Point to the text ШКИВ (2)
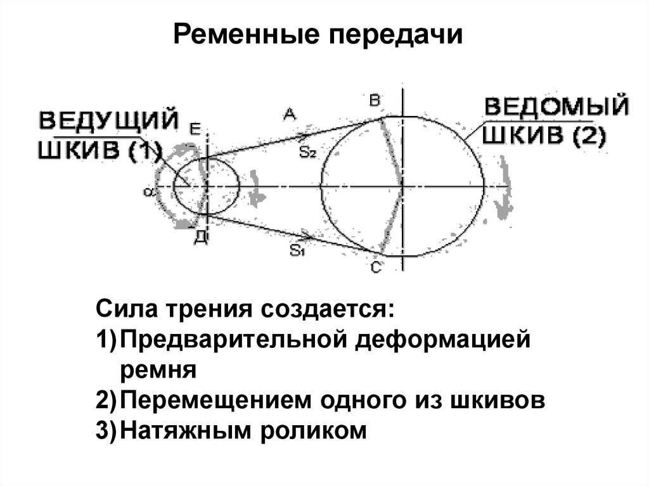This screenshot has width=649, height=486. (544, 136)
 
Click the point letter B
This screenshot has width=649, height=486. (374, 100)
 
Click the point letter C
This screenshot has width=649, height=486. (375, 268)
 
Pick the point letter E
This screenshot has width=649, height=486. (195, 129)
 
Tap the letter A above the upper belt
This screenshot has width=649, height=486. (289, 114)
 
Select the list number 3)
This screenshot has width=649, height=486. (106, 431)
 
